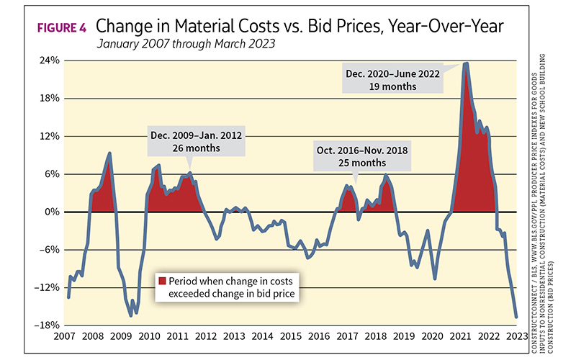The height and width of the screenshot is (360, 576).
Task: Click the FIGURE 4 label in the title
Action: click(61, 28)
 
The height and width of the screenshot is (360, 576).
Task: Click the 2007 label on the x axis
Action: click(65, 336)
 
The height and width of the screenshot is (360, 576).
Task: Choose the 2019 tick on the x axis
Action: click(403, 336)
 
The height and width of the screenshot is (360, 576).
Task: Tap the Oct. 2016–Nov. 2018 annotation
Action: click(352, 156)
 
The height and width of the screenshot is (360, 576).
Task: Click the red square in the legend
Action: click(163, 280)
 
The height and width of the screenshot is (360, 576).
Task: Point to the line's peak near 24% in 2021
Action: click(466, 63)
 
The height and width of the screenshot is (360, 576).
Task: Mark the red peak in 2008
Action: click(109, 153)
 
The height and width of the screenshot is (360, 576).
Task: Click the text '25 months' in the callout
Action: click(352, 163)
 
